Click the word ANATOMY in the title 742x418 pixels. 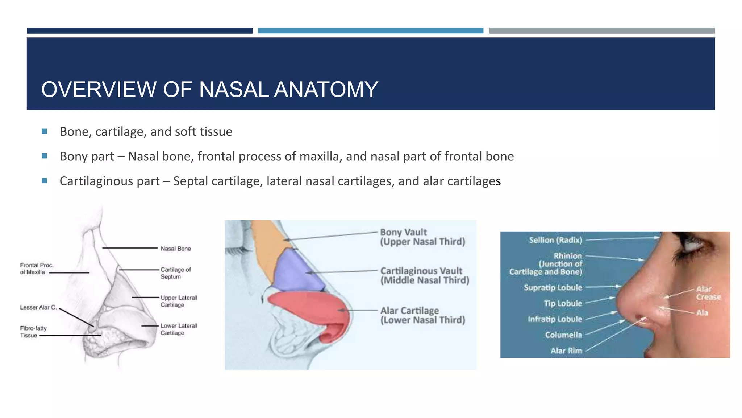click(326, 89)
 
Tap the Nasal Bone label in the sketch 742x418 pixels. click(176, 249)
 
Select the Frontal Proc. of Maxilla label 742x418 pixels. click(37, 269)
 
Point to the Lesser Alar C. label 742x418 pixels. click(38, 307)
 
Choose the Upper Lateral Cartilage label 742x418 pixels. click(179, 301)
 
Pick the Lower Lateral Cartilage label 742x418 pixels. click(179, 329)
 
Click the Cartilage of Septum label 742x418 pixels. click(175, 273)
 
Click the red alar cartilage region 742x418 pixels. click(312, 308)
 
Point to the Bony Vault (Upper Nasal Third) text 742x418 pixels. click(422, 237)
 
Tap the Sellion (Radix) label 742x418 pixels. click(555, 240)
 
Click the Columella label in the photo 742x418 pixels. click(563, 335)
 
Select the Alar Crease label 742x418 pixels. click(708, 293)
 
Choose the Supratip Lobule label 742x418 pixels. click(553, 287)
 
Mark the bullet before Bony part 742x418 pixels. click(45, 156)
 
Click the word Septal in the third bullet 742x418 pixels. click(191, 181)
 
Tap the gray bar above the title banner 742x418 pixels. click(602, 31)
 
